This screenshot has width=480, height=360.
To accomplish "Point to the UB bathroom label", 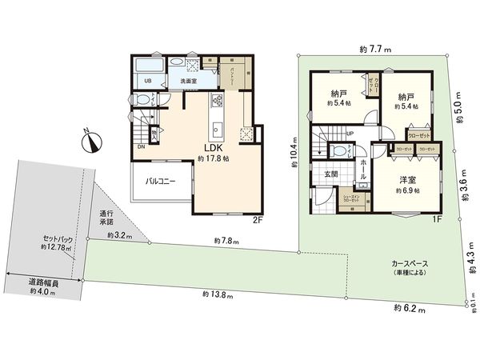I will pyautogui.click(x=148, y=81).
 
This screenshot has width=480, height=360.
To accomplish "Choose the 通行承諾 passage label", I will pyautogui.click(x=106, y=218).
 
